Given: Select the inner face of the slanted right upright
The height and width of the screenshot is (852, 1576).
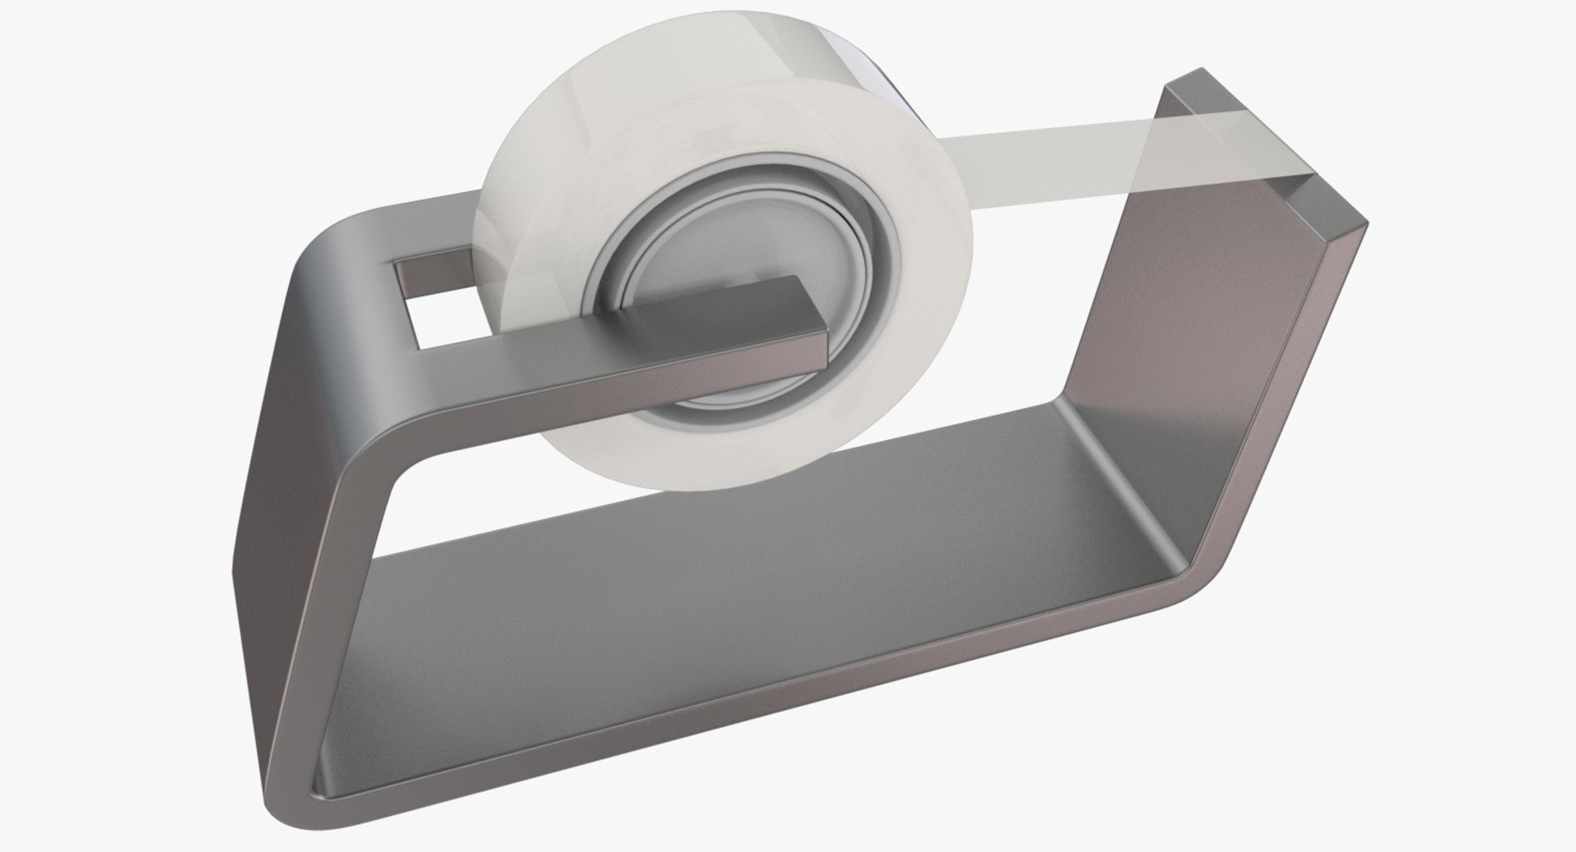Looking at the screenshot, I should point(1182,312).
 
